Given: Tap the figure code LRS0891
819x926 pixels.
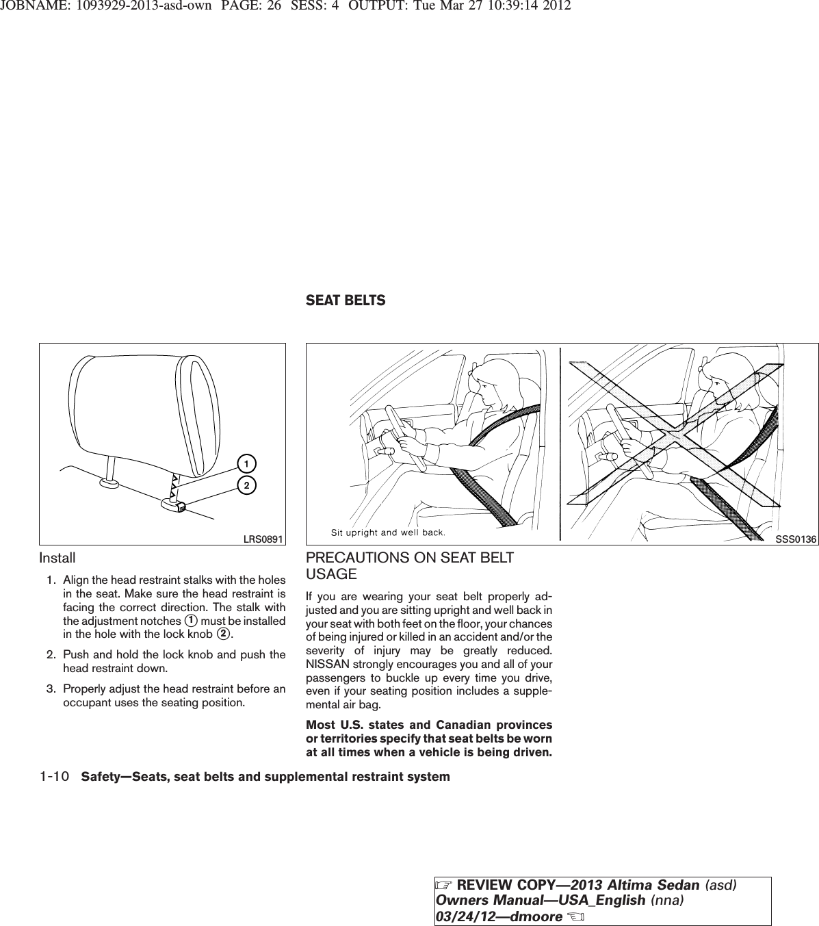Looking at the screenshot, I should point(264,539).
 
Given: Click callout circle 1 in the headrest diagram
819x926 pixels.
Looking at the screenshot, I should point(242,464).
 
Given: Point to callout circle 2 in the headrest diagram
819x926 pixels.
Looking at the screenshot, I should point(242,485).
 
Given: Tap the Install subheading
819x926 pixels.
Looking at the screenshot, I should point(57,558).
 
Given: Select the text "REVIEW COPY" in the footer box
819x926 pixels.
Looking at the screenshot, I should point(490,885).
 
